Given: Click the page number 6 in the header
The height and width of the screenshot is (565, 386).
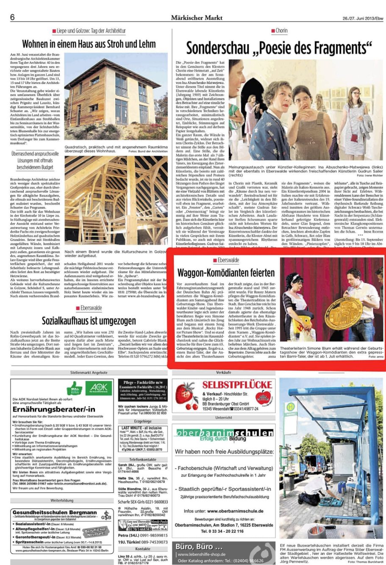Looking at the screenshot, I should point(12,17).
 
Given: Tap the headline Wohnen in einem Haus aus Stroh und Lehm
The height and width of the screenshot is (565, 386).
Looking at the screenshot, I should point(89,44).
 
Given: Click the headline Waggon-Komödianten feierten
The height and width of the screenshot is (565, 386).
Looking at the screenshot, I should point(226,272).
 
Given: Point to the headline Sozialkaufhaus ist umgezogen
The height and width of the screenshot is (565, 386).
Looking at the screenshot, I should point(89,321).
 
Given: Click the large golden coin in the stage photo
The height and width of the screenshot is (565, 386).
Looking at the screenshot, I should point(344,313).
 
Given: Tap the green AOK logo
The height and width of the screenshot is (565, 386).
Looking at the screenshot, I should point(98,388).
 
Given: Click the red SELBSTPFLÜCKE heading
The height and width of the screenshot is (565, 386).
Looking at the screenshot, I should point(236,385).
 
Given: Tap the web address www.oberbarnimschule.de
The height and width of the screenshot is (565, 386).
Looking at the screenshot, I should point(235,511).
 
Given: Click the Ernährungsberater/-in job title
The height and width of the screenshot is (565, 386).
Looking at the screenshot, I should point(54,410).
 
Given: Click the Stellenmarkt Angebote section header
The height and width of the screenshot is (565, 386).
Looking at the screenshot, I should point(89,373).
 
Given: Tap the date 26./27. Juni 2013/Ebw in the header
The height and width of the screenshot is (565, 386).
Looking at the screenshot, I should point(363,18).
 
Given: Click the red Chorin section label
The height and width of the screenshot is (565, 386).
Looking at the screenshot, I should point(281,31).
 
